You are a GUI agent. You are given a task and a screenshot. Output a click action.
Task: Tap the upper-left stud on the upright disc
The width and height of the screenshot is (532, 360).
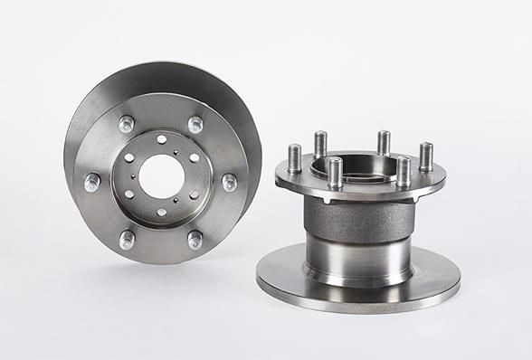click(127, 123)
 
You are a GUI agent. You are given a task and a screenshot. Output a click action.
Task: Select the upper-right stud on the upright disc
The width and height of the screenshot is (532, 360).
click(195, 124)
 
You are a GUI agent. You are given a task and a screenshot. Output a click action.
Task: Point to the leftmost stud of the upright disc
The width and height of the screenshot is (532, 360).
click(92, 182)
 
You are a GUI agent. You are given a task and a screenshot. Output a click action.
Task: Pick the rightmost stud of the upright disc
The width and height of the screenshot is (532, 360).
click(229, 182)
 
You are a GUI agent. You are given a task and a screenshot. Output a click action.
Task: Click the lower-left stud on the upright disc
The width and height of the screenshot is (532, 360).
click(127, 240)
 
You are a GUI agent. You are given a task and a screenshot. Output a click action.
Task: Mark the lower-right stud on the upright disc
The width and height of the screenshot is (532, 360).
click(195, 240)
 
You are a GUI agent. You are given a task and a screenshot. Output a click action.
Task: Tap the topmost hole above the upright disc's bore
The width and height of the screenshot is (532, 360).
click(160, 138)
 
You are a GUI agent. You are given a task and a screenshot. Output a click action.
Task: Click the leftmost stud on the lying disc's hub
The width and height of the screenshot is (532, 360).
click(294, 156)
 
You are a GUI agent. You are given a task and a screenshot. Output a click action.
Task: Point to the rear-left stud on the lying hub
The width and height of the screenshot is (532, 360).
click(320, 142)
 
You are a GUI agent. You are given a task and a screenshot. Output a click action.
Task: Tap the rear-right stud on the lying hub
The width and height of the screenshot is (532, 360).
click(384, 141)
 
